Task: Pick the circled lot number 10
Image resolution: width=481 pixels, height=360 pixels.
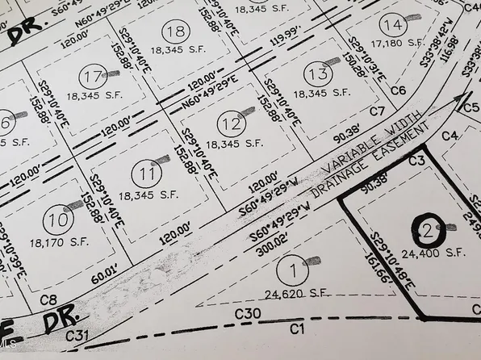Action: [x=56, y=219]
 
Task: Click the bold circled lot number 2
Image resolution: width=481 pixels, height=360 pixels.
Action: [x=427, y=231]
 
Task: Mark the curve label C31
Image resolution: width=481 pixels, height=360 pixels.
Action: [x=77, y=335]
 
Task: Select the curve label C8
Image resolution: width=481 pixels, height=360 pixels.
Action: [x=47, y=299]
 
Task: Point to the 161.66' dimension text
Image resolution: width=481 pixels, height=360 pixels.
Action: [x=383, y=260]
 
